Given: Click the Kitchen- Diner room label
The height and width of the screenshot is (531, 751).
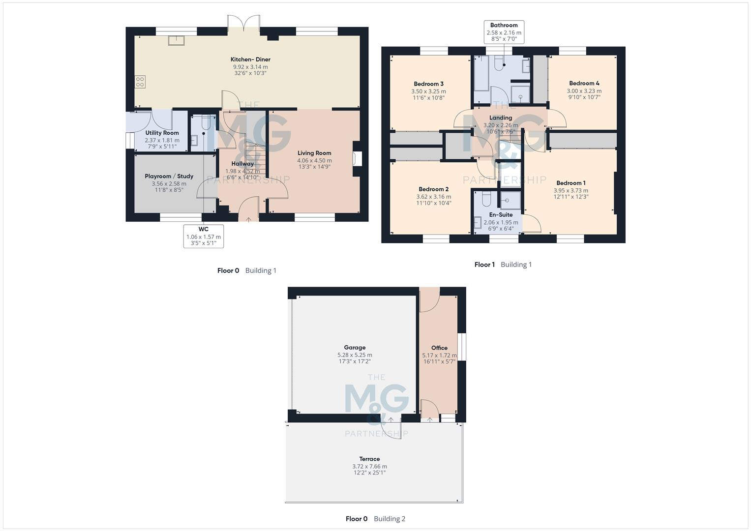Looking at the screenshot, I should coord(250,59).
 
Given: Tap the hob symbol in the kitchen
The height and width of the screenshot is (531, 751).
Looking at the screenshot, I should coord(140,82).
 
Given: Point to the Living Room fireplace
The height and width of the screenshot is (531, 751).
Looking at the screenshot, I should coord(358,158).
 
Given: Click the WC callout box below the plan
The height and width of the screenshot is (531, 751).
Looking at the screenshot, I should coord(204,236).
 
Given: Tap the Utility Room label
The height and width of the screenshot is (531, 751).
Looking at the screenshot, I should coord(162,133).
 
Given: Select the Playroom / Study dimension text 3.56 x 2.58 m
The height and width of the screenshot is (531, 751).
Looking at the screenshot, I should coord(169,183).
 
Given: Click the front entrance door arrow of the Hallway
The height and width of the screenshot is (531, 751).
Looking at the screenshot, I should coord(248,219).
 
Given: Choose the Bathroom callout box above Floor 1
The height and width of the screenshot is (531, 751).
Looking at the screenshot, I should coord(504,32).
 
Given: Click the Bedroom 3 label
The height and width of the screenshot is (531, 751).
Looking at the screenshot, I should coord(428,84).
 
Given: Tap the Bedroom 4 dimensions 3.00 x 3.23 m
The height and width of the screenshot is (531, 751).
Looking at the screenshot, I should coord(584,90).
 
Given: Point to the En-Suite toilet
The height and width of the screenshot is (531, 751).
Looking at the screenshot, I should coord(485,199).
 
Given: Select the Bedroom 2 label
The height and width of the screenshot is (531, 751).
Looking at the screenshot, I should coord(433,189).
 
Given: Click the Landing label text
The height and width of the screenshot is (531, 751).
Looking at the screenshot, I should coord(501,118).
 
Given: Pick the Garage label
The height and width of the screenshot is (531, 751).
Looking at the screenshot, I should coord(355,348).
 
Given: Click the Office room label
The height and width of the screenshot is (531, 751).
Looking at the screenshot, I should coord(439,348).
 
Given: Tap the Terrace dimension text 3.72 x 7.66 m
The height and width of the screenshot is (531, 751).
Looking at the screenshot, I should coord(369,466).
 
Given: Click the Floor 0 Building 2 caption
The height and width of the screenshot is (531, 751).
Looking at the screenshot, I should coord(375,519).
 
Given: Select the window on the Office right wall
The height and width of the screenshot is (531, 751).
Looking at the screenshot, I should coord(462,347).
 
